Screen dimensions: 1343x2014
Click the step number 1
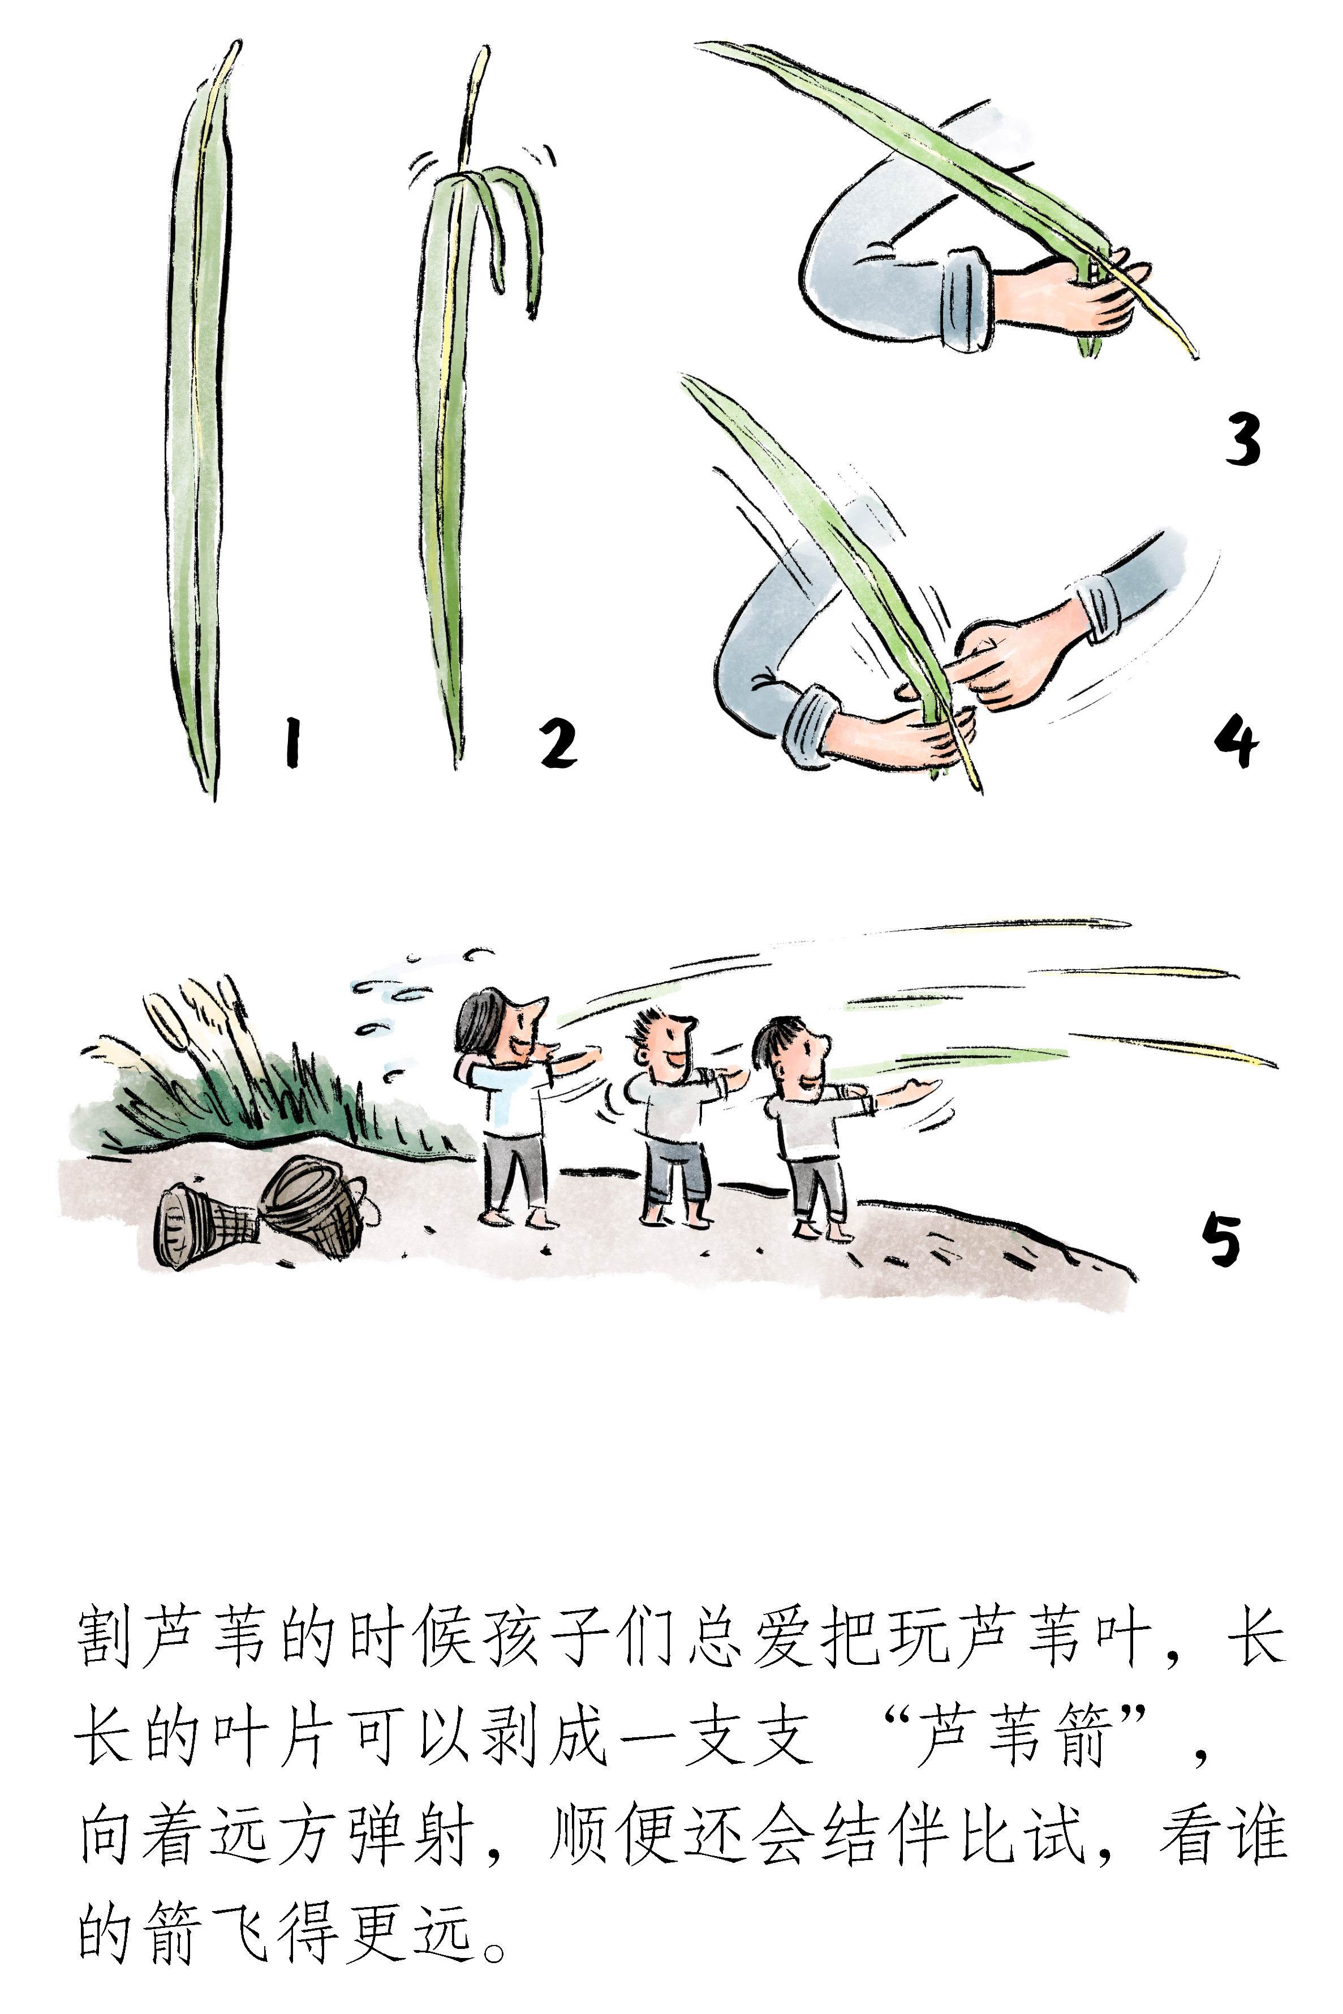(x=293, y=742)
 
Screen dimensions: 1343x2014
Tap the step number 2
(x=558, y=742)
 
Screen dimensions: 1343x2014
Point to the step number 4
(x=1236, y=742)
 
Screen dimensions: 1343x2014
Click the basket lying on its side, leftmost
(x=205, y=1225)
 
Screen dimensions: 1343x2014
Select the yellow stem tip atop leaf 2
(x=475, y=103)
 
